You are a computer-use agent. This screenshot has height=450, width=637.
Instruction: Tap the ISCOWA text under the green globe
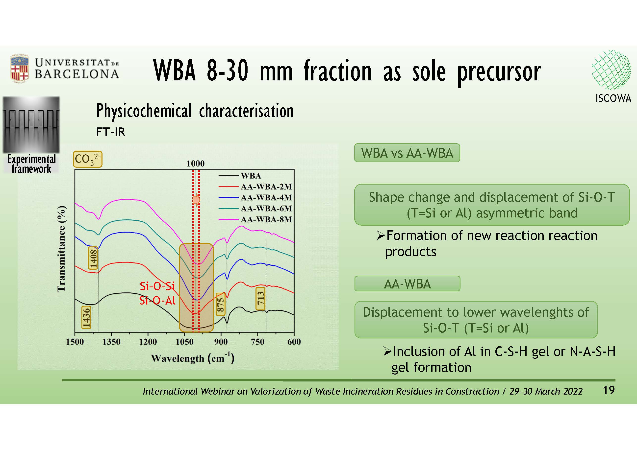(x=613, y=98)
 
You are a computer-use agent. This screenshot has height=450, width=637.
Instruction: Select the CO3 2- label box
(x=88, y=159)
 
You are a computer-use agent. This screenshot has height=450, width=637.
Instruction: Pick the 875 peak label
(x=220, y=304)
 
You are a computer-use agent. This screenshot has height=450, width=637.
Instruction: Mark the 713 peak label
(x=260, y=298)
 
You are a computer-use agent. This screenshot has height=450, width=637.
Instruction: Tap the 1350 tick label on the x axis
(x=111, y=342)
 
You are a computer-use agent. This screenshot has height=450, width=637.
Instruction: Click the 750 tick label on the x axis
(x=257, y=342)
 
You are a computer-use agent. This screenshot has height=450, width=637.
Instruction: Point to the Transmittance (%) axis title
(x=62, y=249)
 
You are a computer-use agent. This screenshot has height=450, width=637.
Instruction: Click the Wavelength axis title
(x=193, y=358)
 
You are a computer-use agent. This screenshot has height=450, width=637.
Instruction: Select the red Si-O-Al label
(x=157, y=301)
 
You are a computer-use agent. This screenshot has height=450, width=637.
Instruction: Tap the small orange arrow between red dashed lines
(x=196, y=200)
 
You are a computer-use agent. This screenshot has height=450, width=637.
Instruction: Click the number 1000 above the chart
(x=195, y=164)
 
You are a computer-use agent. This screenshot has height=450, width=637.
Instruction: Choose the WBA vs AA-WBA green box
(x=407, y=153)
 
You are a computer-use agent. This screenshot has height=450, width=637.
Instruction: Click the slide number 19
(x=609, y=390)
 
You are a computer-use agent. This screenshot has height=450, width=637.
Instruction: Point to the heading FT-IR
(x=110, y=132)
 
